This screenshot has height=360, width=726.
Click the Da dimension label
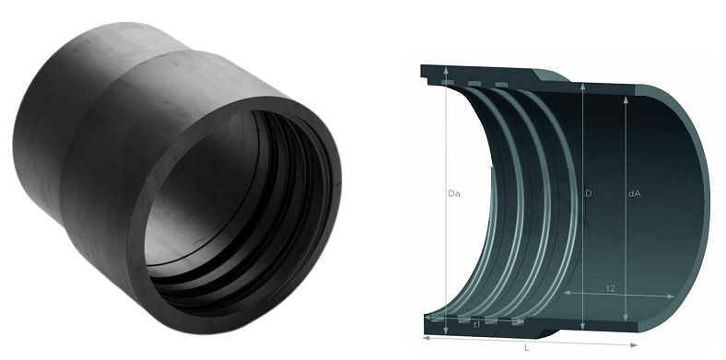(x=453, y=193)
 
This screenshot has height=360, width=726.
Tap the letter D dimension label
(x=588, y=193)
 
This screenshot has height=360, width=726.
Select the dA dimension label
(x=634, y=193)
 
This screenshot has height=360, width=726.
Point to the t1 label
(x=477, y=325)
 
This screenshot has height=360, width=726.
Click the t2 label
(x=611, y=288)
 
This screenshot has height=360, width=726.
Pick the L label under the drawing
(x=527, y=348)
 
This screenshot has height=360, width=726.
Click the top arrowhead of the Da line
(x=446, y=70)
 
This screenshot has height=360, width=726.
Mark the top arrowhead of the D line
(x=582, y=86)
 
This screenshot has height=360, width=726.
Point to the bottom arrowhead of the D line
(x=582, y=326)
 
